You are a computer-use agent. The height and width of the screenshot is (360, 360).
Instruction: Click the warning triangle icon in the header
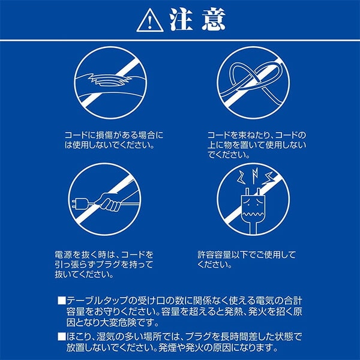tap(150, 21)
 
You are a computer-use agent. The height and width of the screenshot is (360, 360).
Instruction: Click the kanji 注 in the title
tap(181, 20)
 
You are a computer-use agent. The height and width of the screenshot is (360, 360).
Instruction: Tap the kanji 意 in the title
tap(214, 20)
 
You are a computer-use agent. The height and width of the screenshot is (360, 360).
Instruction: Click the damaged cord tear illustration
tap(110, 80)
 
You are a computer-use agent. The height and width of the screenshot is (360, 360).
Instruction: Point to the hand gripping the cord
tap(110, 202)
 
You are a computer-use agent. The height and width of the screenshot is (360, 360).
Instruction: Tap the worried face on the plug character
tap(253, 208)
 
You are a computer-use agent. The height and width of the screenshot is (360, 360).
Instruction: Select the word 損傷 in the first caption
tap(103, 135)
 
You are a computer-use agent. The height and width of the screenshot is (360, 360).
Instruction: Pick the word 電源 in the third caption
tap(63, 254)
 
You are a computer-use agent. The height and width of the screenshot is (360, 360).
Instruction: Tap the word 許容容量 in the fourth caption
tap(214, 254)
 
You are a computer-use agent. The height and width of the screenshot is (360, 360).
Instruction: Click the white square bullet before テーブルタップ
tap(62, 301)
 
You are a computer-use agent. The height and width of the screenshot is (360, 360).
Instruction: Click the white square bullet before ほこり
tap(62, 337)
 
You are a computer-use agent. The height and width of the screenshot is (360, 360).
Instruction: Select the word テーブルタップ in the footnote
tap(97, 301)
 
